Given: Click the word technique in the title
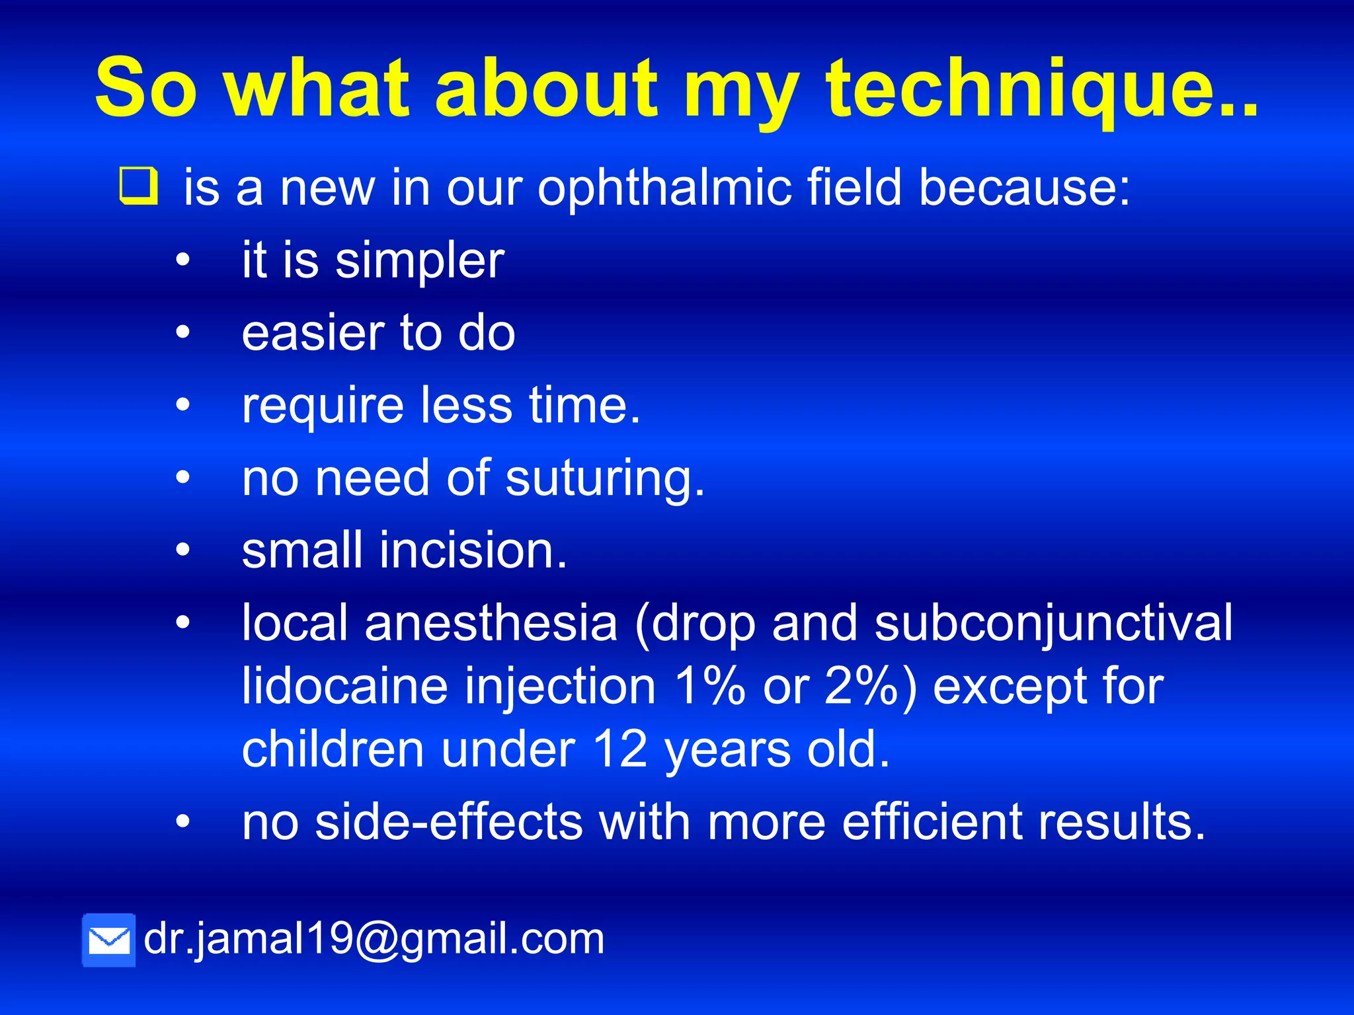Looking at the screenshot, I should click(x=1041, y=89).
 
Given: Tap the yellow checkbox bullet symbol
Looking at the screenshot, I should click(x=139, y=186).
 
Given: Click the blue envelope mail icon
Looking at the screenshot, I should click(x=109, y=940).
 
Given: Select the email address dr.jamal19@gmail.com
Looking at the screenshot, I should click(x=374, y=938).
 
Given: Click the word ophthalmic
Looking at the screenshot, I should click(x=664, y=188).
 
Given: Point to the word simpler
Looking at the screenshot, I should click(x=419, y=262).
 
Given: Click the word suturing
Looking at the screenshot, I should click(x=605, y=478).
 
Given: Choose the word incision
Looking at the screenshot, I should click(x=473, y=550).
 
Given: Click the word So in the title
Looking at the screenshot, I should click(x=145, y=89).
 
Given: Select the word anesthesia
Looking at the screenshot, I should click(x=491, y=623).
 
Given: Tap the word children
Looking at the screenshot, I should click(x=333, y=749).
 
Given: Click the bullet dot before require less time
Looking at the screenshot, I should click(x=182, y=405).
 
